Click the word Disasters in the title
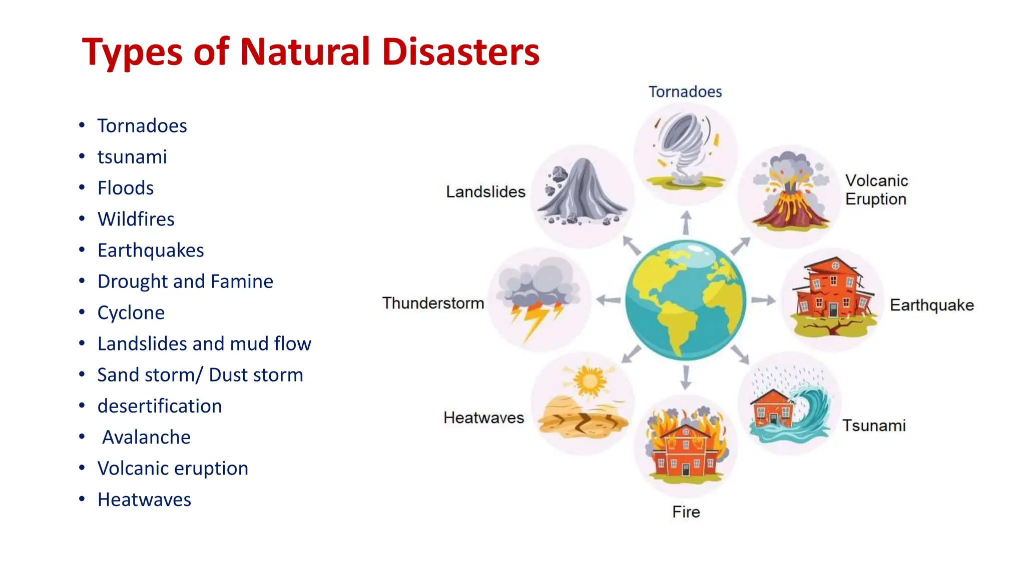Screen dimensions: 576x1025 [460, 52]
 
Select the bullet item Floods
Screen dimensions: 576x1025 [125, 188]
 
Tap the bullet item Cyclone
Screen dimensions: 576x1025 [131, 312]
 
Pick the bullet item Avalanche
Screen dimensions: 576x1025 [146, 437]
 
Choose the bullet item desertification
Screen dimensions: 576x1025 [159, 406]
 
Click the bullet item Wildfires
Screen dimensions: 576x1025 [136, 219]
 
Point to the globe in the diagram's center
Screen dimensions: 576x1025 [685, 300]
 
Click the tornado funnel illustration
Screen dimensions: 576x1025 [684, 145]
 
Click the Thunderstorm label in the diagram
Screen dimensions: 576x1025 [433, 303]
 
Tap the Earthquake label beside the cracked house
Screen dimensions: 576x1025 [931, 305]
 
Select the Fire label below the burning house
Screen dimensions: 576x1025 [686, 512]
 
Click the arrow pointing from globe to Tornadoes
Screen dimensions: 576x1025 [686, 222]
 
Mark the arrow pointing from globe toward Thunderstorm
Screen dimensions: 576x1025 [609, 300]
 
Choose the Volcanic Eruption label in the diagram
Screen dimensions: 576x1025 [876, 190]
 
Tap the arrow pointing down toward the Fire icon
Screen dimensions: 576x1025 [686, 377]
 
